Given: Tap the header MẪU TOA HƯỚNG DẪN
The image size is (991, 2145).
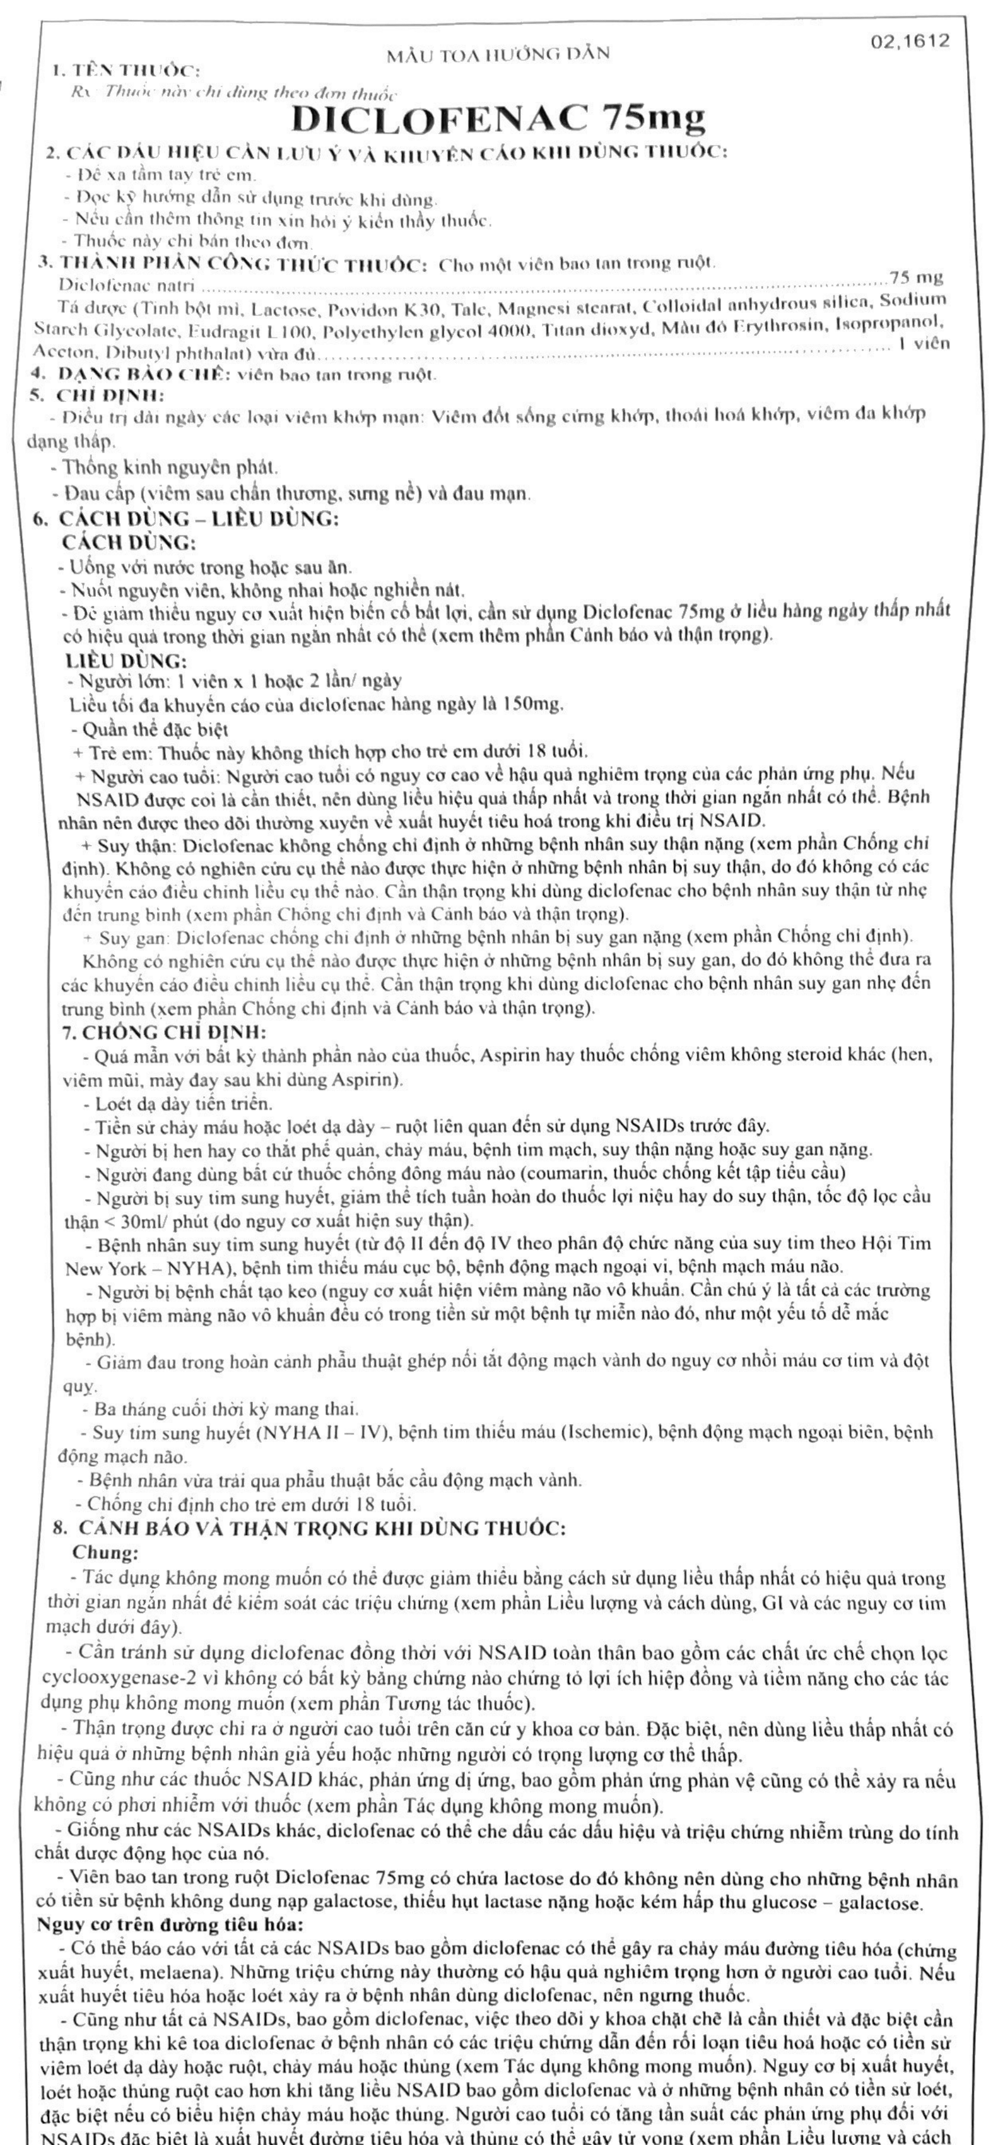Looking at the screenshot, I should (x=498, y=55).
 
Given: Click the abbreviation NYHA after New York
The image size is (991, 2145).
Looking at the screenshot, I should (x=169, y=1267).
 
